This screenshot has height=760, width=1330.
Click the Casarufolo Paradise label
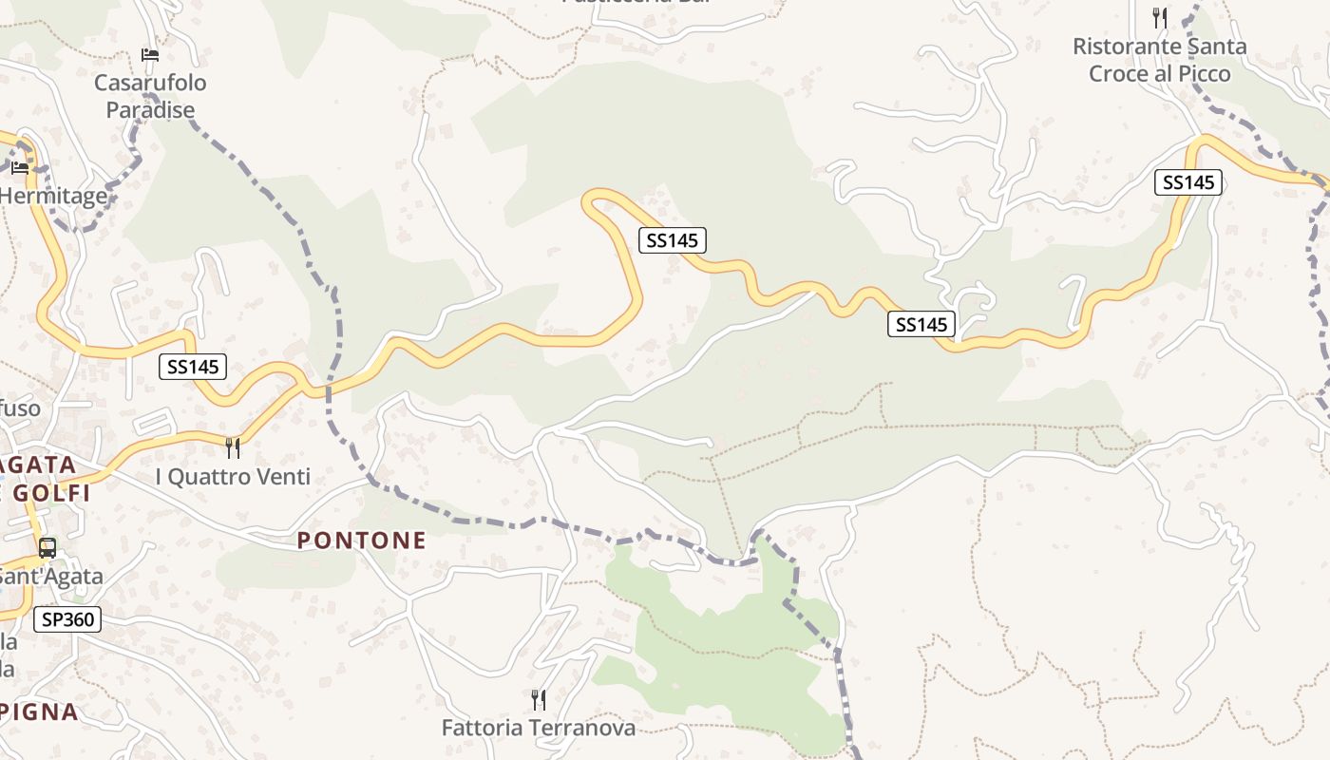tap(150, 96)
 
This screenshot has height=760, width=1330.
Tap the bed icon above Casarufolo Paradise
tap(150, 55)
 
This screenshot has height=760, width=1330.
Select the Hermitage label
tap(53, 196)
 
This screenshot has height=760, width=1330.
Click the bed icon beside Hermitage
tap(20, 168)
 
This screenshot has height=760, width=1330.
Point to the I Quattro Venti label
tap(233, 477)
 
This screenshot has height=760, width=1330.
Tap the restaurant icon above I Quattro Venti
tap(233, 447)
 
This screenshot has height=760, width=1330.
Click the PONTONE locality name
tap(362, 541)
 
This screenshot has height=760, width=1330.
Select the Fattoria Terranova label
tap(539, 728)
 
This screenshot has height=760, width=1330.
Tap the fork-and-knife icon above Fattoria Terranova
tap(539, 700)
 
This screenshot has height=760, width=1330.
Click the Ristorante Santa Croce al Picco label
tap(1160, 60)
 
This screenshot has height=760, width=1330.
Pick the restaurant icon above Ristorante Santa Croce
tap(1160, 17)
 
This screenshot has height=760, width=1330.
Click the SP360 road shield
tap(66, 620)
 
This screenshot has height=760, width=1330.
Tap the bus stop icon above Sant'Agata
tap(47, 548)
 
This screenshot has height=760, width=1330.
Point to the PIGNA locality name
tap(39, 712)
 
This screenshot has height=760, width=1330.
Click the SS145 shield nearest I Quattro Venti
tap(193, 367)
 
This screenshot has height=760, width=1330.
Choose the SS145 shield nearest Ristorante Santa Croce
tap(1188, 182)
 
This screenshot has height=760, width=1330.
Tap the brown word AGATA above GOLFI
tap(39, 465)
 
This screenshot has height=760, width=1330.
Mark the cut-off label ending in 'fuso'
tap(20, 408)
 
